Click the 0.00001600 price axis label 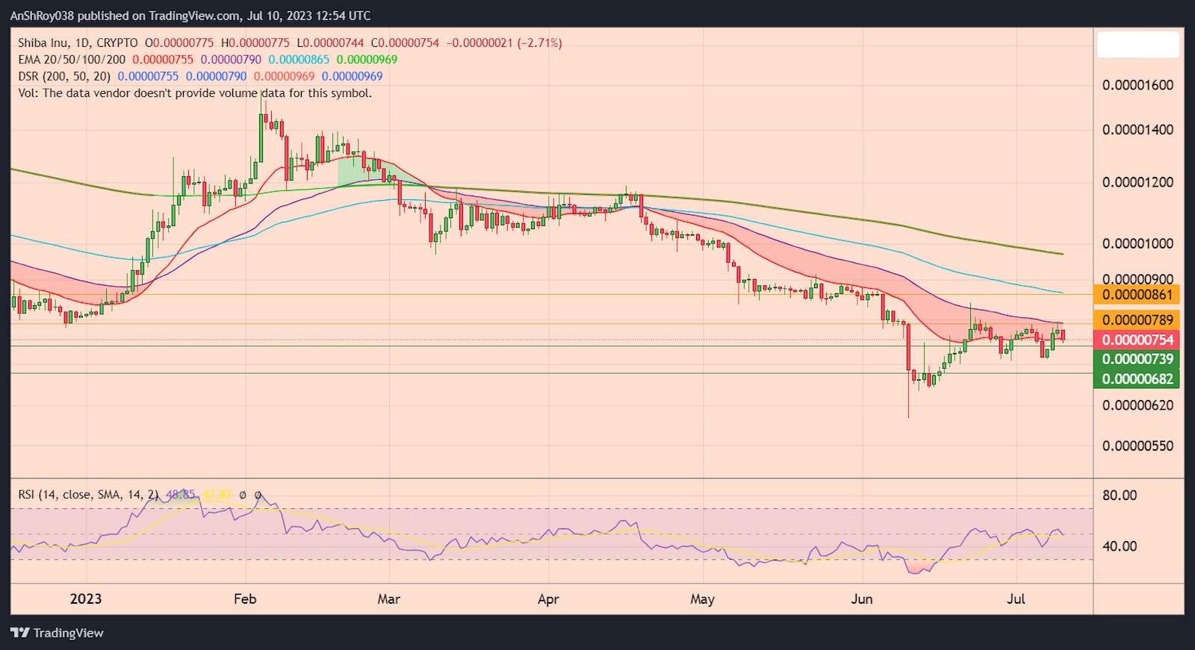point(1137,85)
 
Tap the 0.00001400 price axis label point(1137,130)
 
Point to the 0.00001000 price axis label point(1137,244)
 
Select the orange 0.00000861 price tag point(1137,295)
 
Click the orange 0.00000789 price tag point(1137,320)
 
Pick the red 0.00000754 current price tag point(1137,340)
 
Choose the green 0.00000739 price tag point(1137,359)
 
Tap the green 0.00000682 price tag point(1137,379)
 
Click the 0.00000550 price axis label point(1137,446)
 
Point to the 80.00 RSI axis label point(1120,496)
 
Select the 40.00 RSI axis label point(1120,546)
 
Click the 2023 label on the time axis point(85,599)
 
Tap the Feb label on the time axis point(245,599)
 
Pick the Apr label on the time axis point(548,599)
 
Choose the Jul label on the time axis point(1016,599)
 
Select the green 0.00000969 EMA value point(367,60)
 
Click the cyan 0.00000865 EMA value point(299,60)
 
